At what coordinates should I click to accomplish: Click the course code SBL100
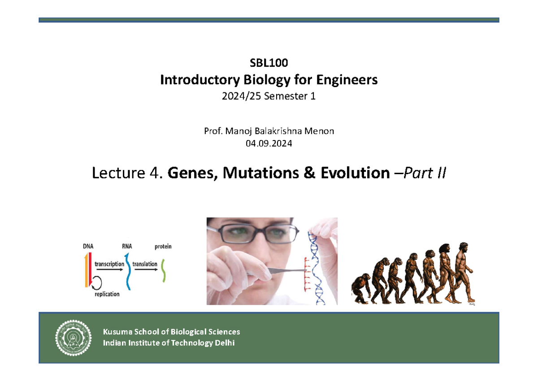pyautogui.click(x=269, y=64)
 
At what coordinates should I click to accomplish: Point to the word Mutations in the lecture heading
pyautogui.click(x=254, y=173)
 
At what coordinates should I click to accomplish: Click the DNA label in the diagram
pyautogui.click(x=88, y=246)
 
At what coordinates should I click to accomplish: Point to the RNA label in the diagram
pyautogui.click(x=127, y=246)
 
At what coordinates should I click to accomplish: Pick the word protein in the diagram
pyautogui.click(x=163, y=246)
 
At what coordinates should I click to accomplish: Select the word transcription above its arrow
pyautogui.click(x=109, y=264)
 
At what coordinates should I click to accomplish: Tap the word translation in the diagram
pyautogui.click(x=144, y=264)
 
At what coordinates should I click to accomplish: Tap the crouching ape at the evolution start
pyautogui.click(x=361, y=289)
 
